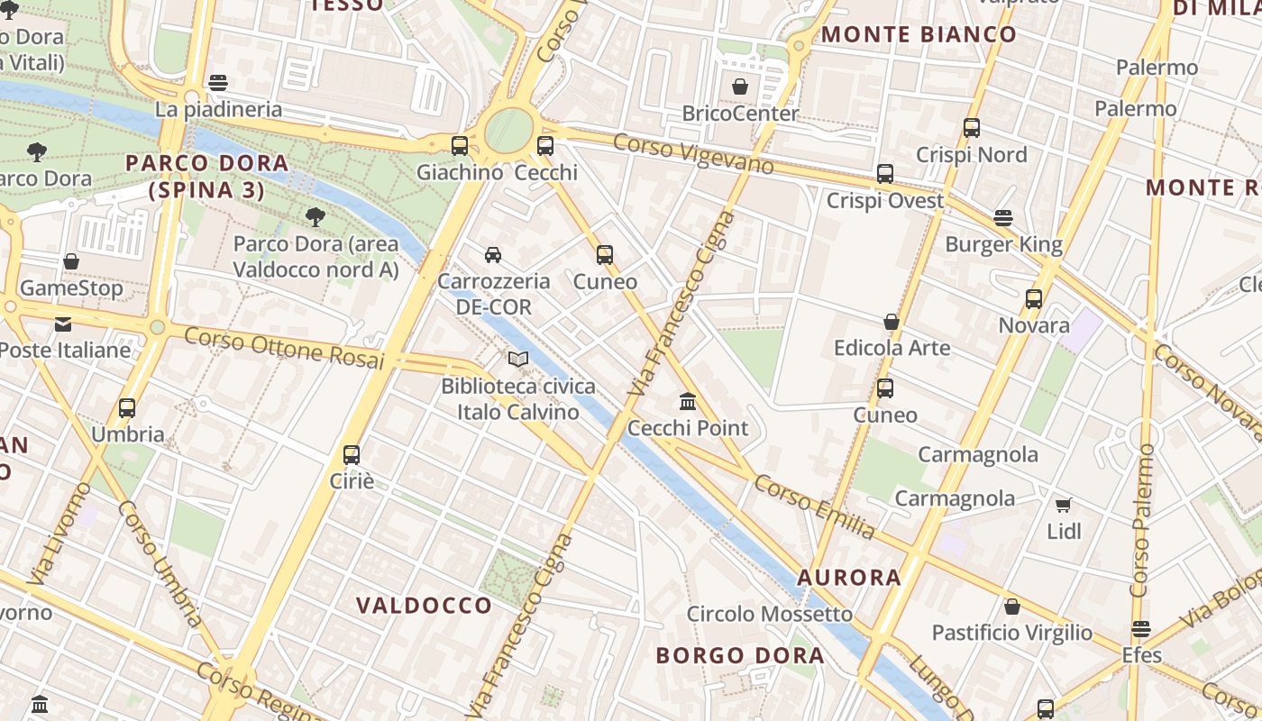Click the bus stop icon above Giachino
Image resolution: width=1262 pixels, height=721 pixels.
click(x=460, y=146)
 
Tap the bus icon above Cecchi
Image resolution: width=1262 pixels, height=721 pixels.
click(x=545, y=146)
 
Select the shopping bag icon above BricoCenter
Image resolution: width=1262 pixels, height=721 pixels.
click(x=740, y=87)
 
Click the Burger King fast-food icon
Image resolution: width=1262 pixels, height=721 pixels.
click(x=1003, y=217)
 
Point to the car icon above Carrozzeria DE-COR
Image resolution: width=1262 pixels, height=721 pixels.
click(x=493, y=255)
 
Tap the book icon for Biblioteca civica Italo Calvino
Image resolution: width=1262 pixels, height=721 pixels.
click(x=518, y=360)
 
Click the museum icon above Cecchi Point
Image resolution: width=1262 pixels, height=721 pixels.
click(x=688, y=401)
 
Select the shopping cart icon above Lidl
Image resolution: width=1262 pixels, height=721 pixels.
click(x=1064, y=505)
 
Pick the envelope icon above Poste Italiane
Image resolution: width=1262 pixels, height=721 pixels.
click(x=63, y=324)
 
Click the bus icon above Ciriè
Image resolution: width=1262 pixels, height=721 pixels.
click(x=352, y=455)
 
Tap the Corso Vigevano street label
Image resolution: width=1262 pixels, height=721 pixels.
click(x=694, y=154)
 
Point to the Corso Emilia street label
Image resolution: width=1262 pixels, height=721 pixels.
click(x=815, y=507)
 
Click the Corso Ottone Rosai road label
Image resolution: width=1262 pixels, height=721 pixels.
click(x=284, y=349)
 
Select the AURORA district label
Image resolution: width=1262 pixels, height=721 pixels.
click(x=849, y=578)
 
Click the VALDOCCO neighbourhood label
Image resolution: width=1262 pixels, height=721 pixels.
click(x=424, y=605)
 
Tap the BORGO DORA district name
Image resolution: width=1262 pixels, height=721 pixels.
click(x=740, y=655)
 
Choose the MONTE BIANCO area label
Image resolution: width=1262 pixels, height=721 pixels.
click(x=919, y=35)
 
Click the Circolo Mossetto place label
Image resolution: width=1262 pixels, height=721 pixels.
click(x=769, y=614)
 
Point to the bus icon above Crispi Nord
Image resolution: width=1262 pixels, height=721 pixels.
click(x=971, y=128)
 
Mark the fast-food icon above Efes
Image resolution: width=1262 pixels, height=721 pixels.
click(x=1141, y=629)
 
